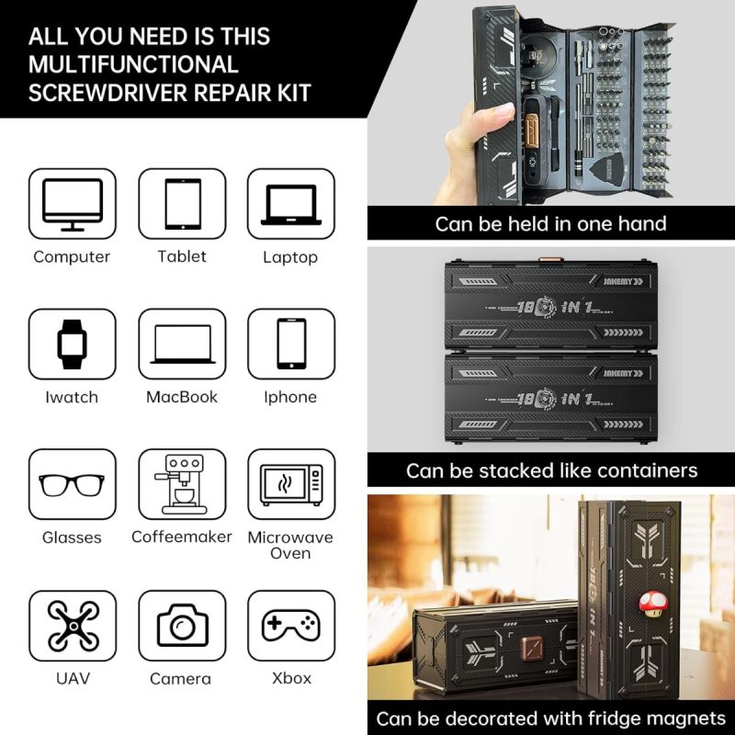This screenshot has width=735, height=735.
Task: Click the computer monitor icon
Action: [73, 203]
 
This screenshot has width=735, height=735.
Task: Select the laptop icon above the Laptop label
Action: [290, 204]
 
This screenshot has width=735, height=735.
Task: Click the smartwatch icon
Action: [73, 344]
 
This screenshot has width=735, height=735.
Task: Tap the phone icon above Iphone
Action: [290, 344]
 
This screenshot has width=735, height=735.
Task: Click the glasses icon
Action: [73, 484]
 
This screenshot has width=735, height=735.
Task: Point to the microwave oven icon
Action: [290, 484]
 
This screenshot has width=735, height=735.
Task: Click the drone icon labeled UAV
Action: [73, 626]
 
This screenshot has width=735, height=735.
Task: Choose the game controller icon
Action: [290, 626]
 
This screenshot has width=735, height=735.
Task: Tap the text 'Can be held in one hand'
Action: [550, 223]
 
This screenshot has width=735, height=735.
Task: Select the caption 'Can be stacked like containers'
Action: [550, 470]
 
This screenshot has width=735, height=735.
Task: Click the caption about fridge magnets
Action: [550, 718]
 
